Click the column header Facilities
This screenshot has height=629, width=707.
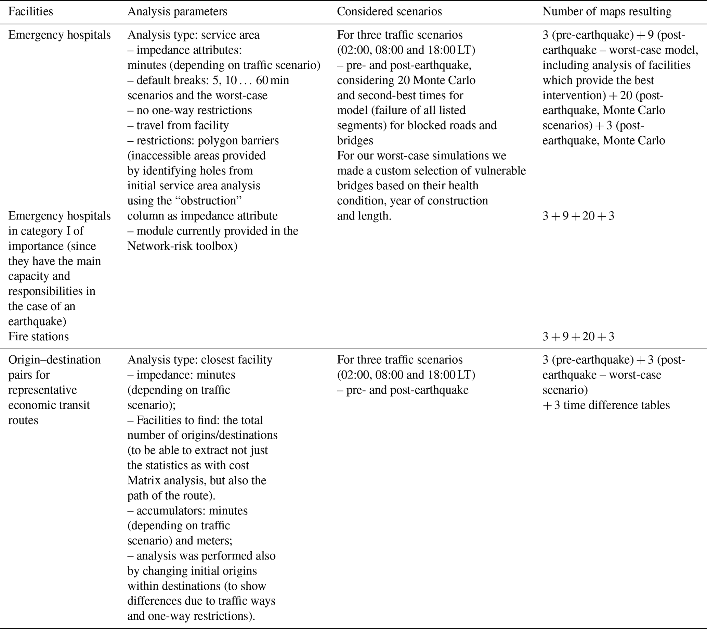30,11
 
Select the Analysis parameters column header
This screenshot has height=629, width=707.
177,11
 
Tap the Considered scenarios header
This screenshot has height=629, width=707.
389,11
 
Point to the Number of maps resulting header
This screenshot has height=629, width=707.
607,11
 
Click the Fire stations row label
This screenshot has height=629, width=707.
38,337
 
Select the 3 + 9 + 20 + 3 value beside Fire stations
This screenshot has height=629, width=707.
578,337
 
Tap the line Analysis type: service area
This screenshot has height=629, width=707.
193,35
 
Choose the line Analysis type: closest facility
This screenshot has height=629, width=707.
199,360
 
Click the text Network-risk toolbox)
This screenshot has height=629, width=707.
182,246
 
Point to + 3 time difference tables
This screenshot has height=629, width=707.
606,405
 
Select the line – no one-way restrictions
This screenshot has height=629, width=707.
189,111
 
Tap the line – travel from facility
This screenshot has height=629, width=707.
178,125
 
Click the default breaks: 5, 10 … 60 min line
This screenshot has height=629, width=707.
208,80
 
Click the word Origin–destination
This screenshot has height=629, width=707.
54,360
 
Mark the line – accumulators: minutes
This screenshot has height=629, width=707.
187,511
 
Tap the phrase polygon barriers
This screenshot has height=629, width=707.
238,140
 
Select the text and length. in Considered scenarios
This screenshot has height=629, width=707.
364,216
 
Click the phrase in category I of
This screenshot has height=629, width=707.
45,231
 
